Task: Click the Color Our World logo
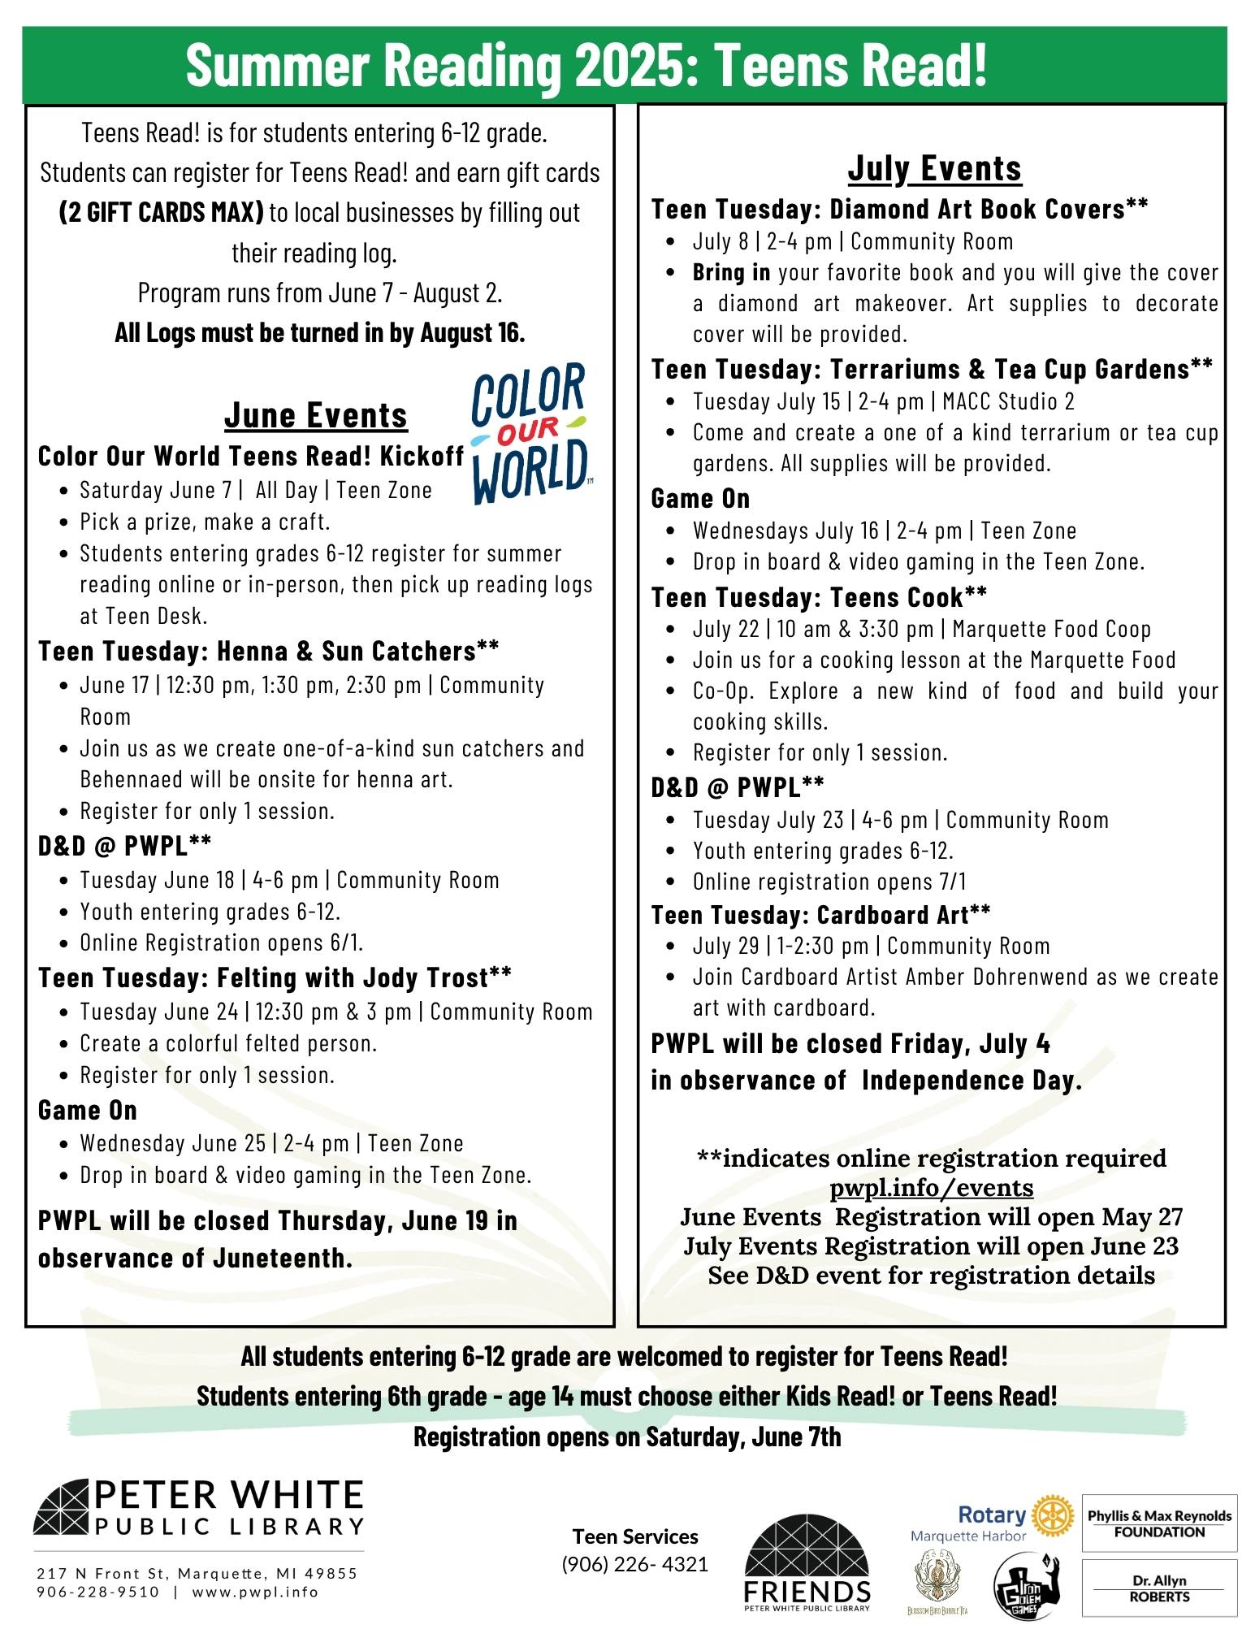point(530,432)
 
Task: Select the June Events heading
point(316,415)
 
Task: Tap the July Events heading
point(934,169)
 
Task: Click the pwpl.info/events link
point(931,1188)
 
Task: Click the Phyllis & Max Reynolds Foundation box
point(1159,1523)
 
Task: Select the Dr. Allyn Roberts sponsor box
point(1159,1588)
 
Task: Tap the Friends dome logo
point(807,1561)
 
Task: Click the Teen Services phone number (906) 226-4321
point(635,1563)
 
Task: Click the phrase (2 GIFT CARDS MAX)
point(162,213)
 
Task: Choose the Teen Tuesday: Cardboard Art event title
point(820,915)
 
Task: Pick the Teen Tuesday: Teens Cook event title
point(819,598)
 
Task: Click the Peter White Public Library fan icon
point(62,1508)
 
